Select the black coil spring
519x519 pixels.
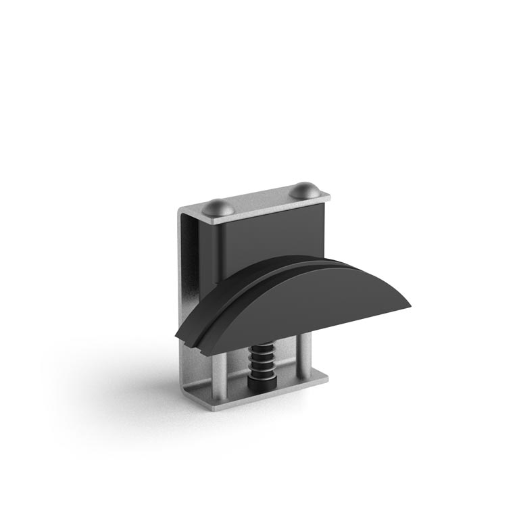click(x=262, y=362)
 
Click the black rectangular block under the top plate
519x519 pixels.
click(x=270, y=233)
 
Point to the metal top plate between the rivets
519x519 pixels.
click(x=264, y=201)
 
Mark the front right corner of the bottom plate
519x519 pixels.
click(x=327, y=378)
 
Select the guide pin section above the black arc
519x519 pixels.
click(x=218, y=250)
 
